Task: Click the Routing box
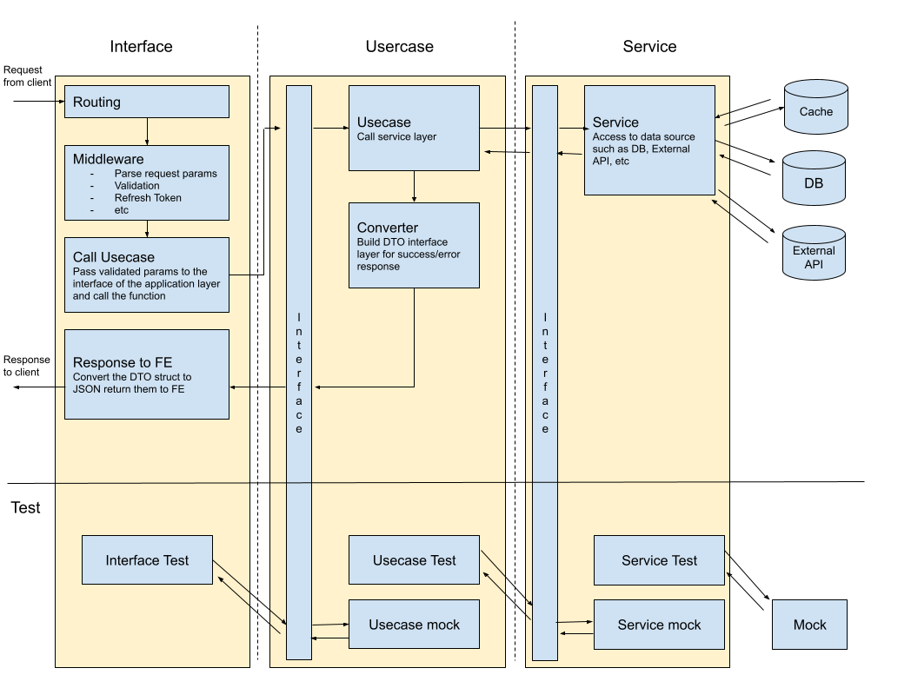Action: click(x=147, y=102)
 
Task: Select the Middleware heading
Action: click(x=108, y=159)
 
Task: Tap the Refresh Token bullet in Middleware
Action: click(x=148, y=198)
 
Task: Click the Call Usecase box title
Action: click(x=113, y=257)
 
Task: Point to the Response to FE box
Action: click(x=147, y=374)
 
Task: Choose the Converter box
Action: click(x=414, y=246)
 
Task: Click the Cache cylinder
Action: click(x=815, y=108)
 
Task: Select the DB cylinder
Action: click(x=813, y=180)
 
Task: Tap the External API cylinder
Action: click(x=814, y=254)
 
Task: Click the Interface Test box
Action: click(x=147, y=560)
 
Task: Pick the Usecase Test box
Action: click(x=414, y=560)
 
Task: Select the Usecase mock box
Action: click(x=414, y=624)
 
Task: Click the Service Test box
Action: click(x=659, y=560)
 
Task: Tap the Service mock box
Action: click(x=659, y=624)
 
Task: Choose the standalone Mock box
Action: click(x=809, y=625)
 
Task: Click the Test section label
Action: click(x=25, y=507)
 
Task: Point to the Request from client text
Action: click(x=27, y=76)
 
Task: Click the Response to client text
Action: click(x=27, y=366)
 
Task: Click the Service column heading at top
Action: click(x=649, y=47)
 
